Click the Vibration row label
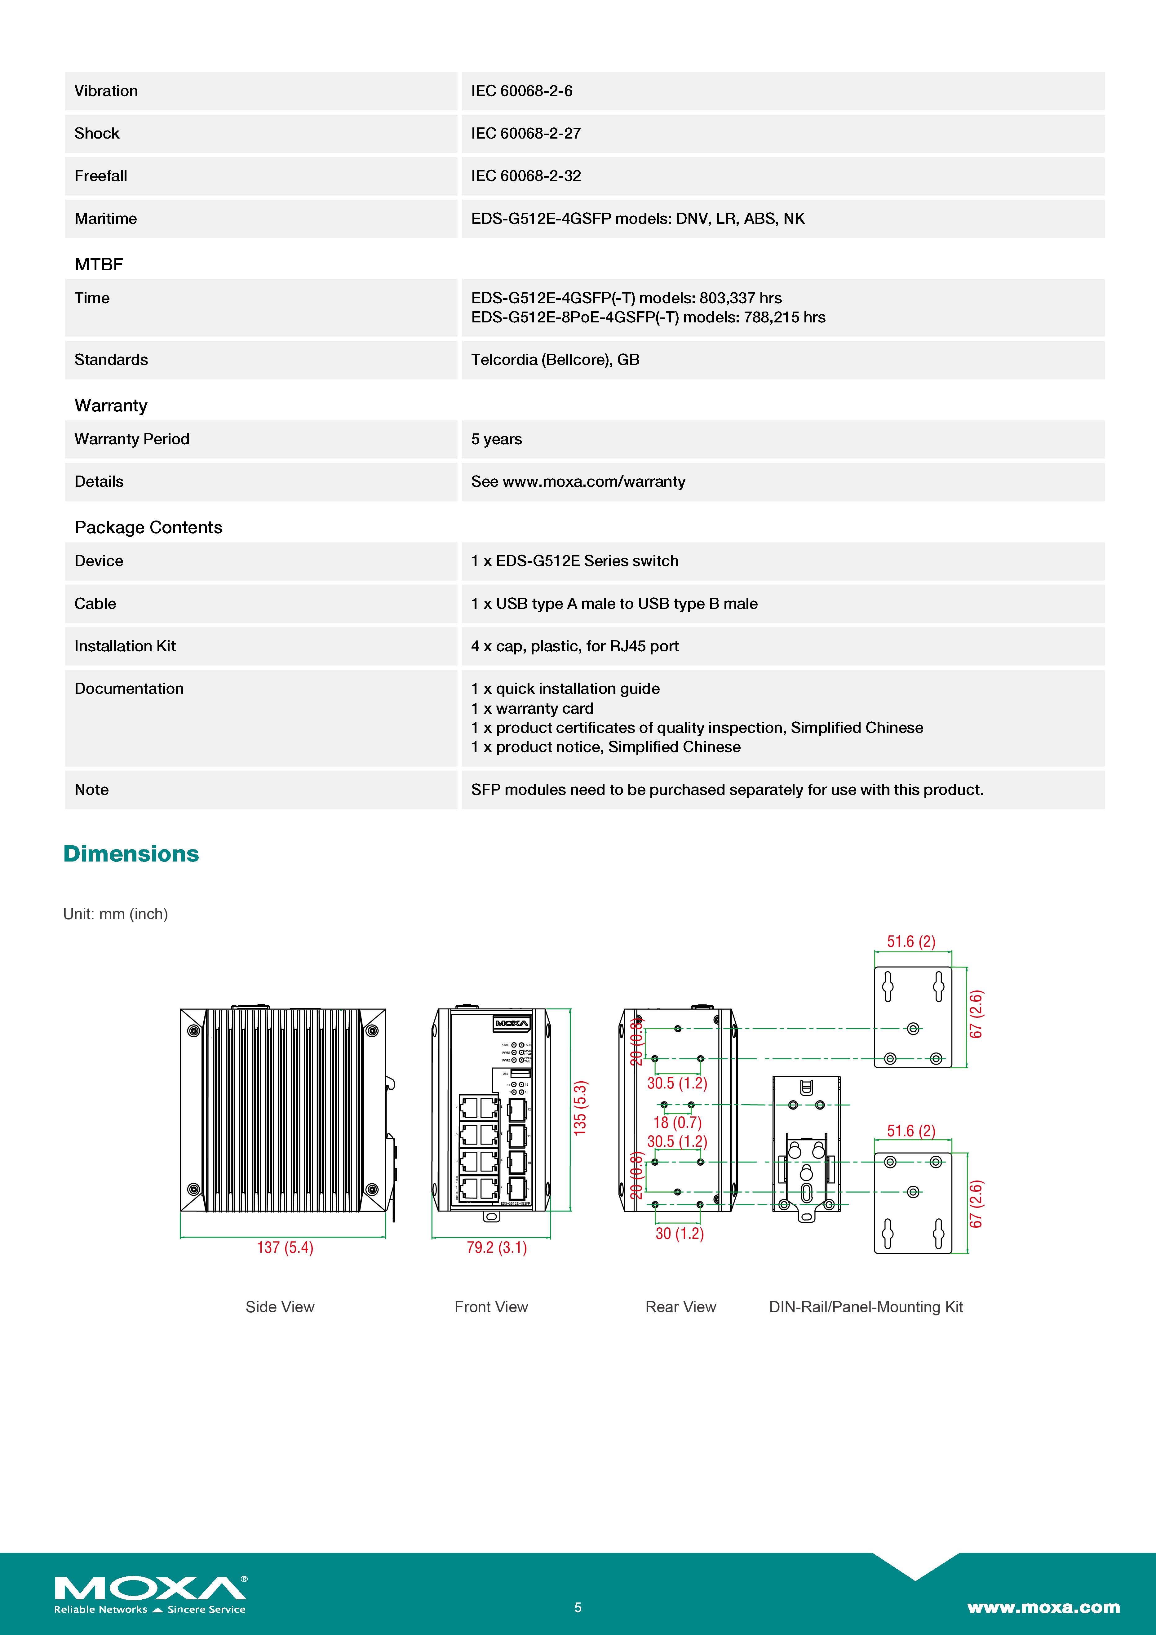(x=106, y=91)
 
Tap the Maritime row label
(x=105, y=219)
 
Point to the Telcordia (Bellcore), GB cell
(x=555, y=360)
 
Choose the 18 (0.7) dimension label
(x=677, y=1122)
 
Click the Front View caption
(x=491, y=1307)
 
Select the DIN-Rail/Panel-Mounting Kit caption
(x=866, y=1307)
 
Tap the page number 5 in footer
(x=578, y=1607)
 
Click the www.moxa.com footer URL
(x=1043, y=1607)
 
